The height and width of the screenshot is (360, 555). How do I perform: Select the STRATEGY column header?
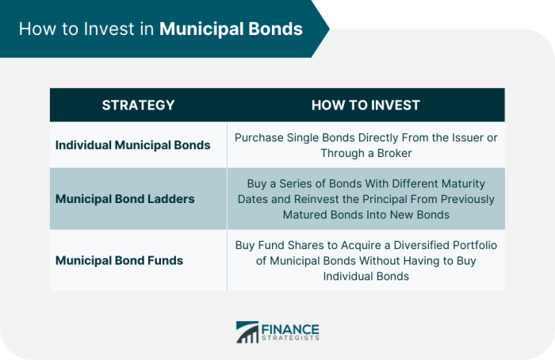tap(138, 105)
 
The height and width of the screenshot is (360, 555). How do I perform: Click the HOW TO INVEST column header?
tap(366, 105)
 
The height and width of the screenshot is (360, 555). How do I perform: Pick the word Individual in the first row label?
tap(86, 145)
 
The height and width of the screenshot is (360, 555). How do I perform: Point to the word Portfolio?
tap(475, 245)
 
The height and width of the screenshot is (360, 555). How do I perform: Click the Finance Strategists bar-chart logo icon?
tap(247, 333)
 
